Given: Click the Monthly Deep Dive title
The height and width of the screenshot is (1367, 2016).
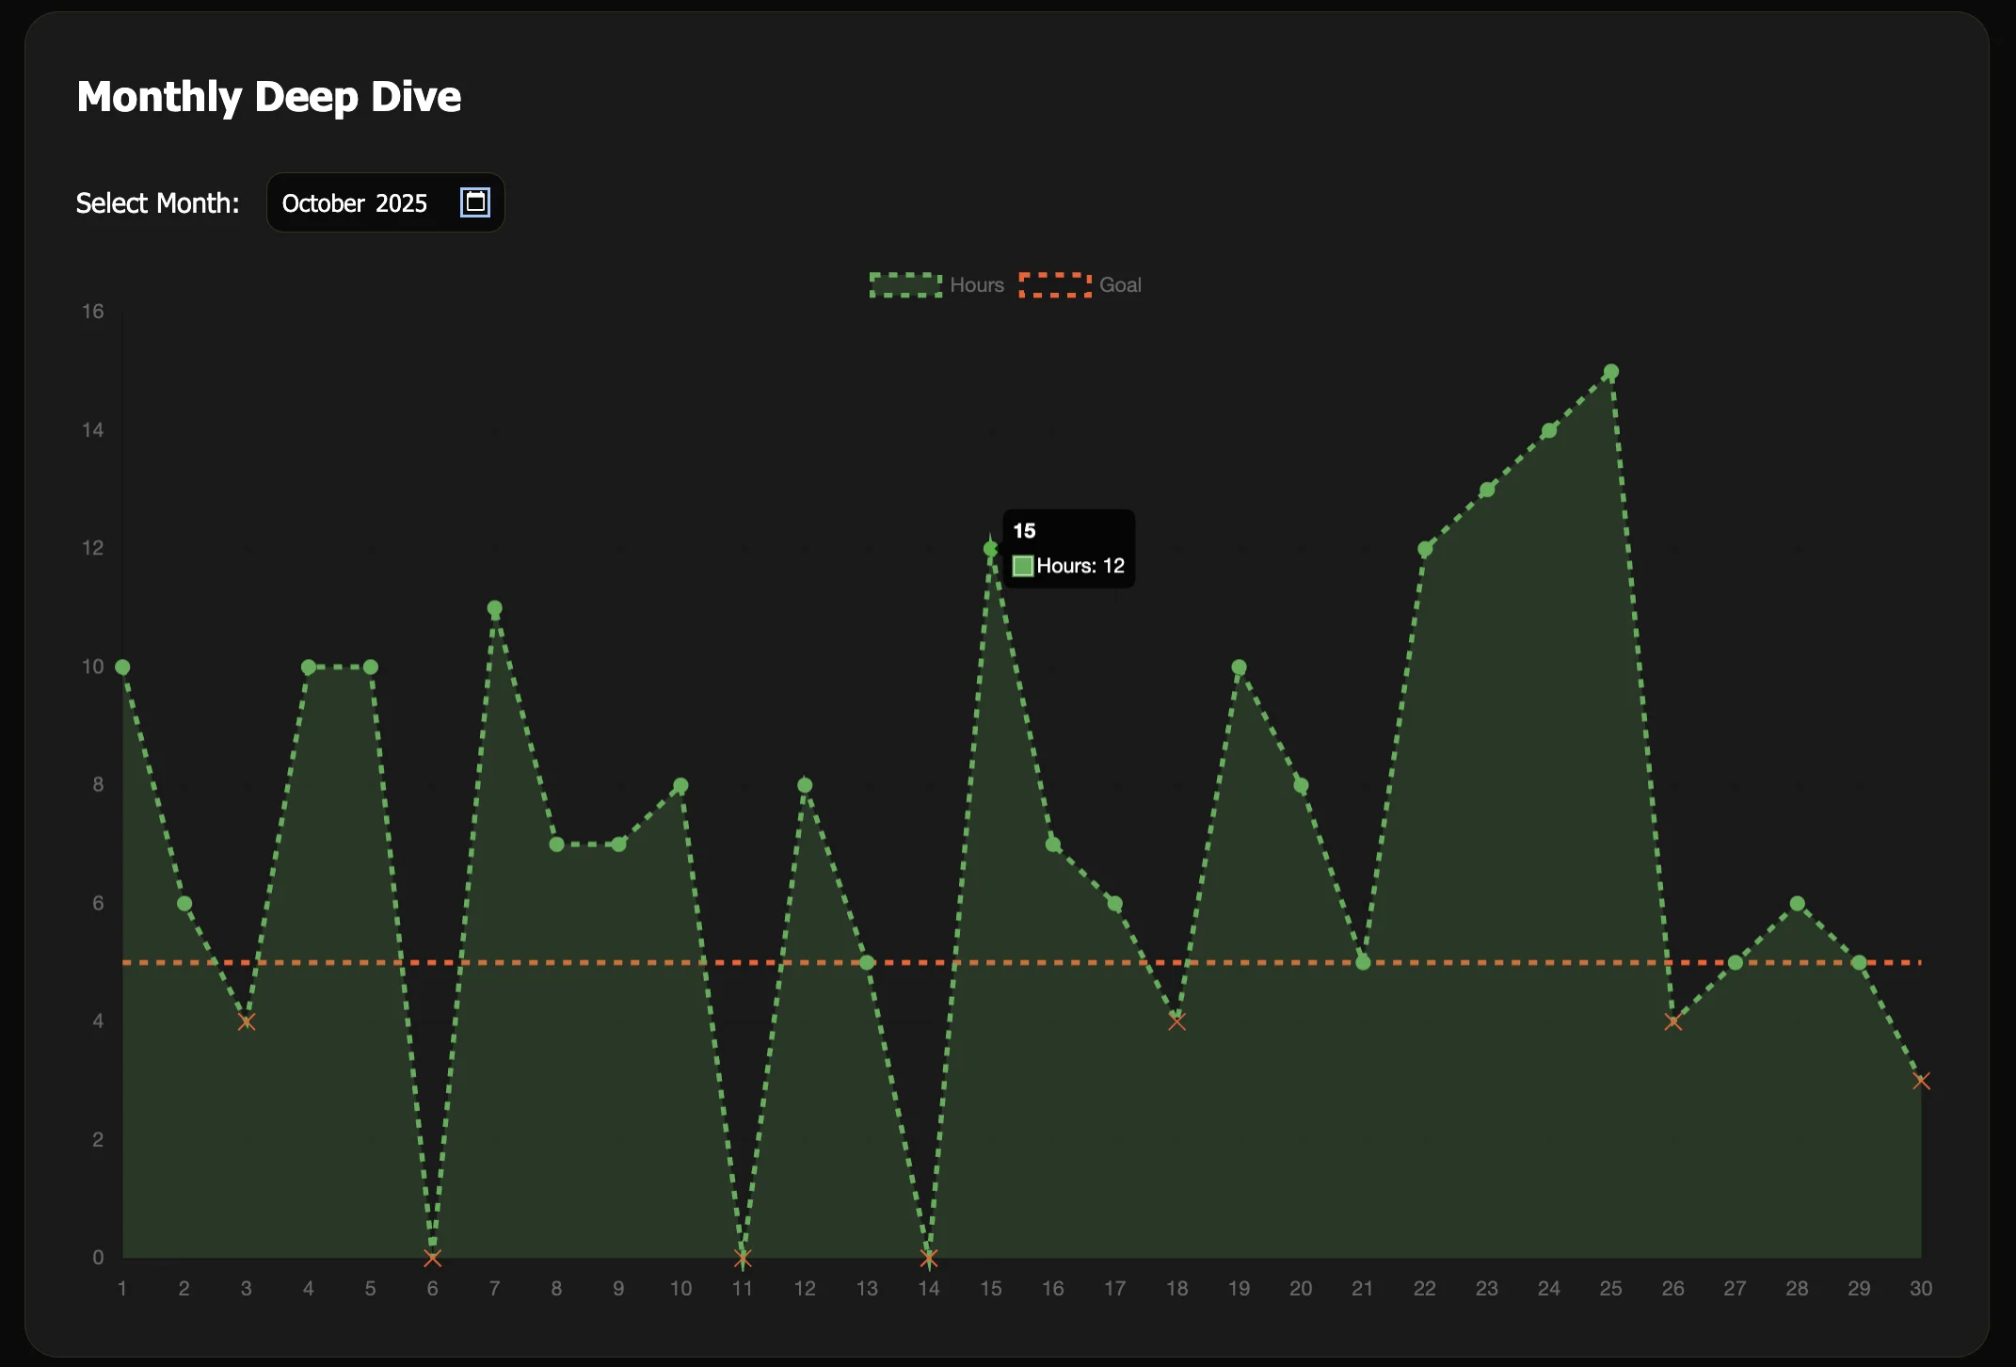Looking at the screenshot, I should [x=269, y=97].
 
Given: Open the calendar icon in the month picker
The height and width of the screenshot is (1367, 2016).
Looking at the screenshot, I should [x=474, y=202].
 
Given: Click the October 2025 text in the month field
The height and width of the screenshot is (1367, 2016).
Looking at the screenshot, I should [x=355, y=203].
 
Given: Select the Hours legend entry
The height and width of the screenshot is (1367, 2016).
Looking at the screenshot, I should [x=936, y=285].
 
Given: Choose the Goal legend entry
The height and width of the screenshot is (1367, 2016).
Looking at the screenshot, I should [x=1080, y=285].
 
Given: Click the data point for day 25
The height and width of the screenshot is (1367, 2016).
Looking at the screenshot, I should [x=1610, y=372].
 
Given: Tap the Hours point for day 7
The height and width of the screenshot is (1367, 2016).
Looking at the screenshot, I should [x=494, y=608].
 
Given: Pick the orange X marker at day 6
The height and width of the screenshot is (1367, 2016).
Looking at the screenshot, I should [x=432, y=1258].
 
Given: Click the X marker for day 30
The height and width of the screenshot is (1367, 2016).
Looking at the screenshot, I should [x=1921, y=1081].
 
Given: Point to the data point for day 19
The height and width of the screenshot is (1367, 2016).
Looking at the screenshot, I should [x=1239, y=667].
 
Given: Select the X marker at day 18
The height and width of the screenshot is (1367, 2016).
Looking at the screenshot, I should [x=1176, y=1021].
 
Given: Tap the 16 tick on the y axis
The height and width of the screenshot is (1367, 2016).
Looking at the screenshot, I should [x=92, y=312].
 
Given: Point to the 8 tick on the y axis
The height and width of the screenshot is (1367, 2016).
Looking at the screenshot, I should [x=98, y=784].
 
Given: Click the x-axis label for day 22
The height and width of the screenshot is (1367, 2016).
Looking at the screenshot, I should [x=1424, y=1289].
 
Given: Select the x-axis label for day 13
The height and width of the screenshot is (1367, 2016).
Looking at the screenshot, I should [x=866, y=1289].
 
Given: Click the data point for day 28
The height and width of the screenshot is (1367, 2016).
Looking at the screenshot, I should [x=1797, y=904].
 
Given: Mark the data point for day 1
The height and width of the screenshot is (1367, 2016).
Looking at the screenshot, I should [x=122, y=667].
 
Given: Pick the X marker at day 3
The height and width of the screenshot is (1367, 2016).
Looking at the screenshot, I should [x=247, y=1021].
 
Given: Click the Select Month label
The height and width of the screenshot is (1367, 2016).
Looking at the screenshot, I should [x=157, y=203].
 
